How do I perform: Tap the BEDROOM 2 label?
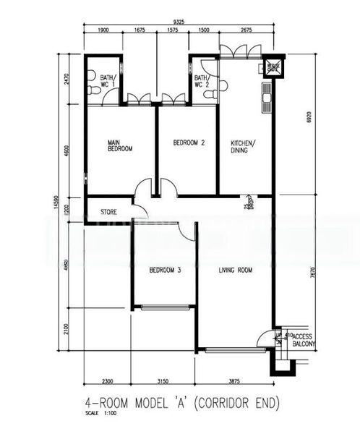pyautogui.click(x=189, y=143)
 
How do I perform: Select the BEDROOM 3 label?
pyautogui.click(x=164, y=271)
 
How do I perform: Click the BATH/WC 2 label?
pyautogui.click(x=202, y=81)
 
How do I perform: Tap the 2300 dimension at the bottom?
pyautogui.click(x=108, y=381)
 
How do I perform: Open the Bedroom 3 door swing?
pyautogui.click(x=187, y=231)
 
